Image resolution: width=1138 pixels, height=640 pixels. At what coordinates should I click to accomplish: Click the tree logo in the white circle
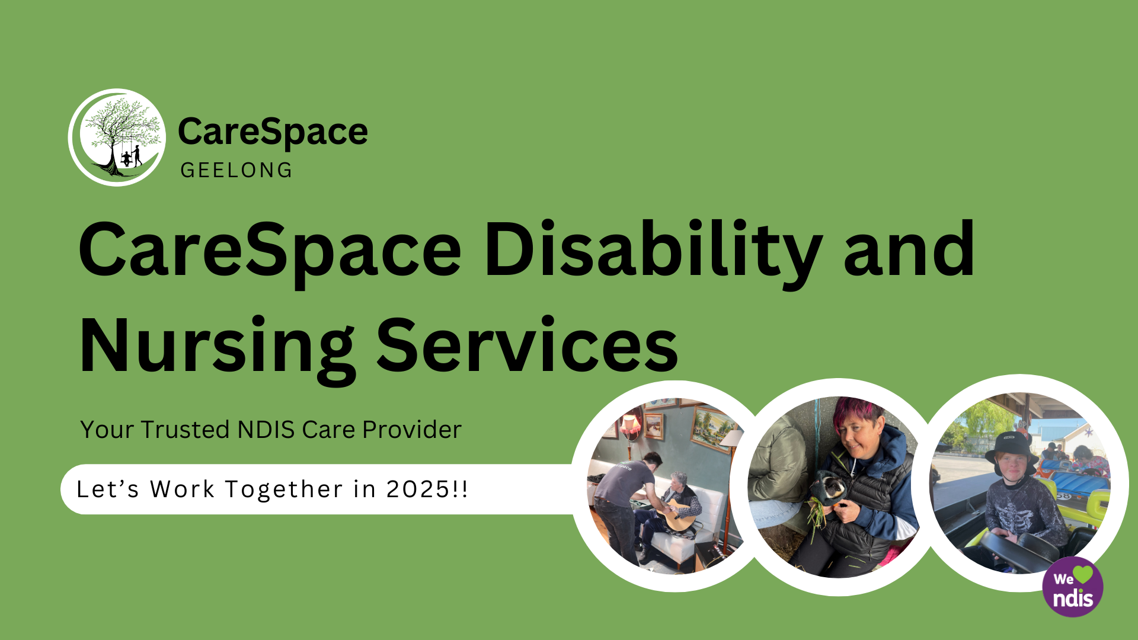[117, 137]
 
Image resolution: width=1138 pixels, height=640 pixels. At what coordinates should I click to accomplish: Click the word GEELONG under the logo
[236, 171]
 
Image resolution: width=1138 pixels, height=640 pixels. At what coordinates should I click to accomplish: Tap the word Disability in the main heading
[653, 252]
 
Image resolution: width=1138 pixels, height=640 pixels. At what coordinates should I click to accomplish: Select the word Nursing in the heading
[217, 347]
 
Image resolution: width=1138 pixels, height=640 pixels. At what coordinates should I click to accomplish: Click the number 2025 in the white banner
[418, 489]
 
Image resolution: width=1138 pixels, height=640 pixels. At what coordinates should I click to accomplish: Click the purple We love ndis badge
[1073, 587]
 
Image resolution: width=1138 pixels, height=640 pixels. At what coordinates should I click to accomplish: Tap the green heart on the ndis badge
[1083, 574]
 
